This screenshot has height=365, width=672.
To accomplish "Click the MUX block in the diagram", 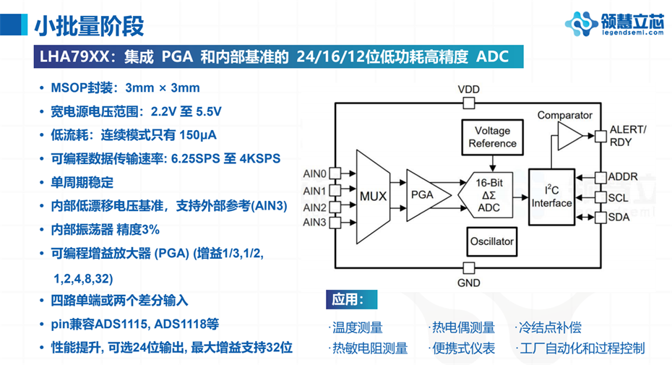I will tap(373, 196).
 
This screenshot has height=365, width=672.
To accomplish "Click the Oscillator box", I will tap(491, 241).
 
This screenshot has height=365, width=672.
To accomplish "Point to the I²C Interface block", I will tap(551, 196).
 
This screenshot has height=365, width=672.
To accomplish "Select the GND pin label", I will tap(468, 283).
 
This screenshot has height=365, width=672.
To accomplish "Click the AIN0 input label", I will tap(315, 173).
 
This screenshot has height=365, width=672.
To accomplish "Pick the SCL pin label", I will tap(618, 197).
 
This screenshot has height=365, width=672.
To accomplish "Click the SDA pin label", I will tap(619, 217).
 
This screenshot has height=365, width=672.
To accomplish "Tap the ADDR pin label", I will tap(623, 176).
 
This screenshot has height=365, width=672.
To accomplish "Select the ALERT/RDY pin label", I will tap(628, 135).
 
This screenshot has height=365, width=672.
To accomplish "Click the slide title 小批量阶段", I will tap(89, 25).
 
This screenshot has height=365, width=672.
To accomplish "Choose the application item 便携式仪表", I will tap(463, 348).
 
